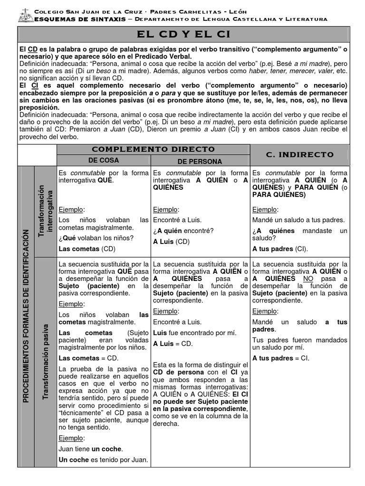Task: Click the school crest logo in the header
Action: pyautogui.click(x=24, y=16)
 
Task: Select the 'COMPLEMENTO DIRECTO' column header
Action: pyautogui.click(x=154, y=149)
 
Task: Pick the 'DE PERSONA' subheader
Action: pyautogui.click(x=200, y=161)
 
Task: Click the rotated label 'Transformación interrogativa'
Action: pyautogui.click(x=45, y=212)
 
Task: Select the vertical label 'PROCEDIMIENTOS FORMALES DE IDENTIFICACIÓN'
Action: pyautogui.click(x=26, y=315)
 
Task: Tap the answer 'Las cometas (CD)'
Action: pyautogui.click(x=87, y=248)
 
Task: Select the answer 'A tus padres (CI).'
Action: pyautogui.click(x=280, y=248)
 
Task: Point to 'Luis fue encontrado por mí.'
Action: pyautogui.click(x=188, y=333)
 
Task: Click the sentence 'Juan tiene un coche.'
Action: pyautogui.click(x=90, y=449)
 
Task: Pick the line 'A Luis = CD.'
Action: pyautogui.click(x=173, y=344)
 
